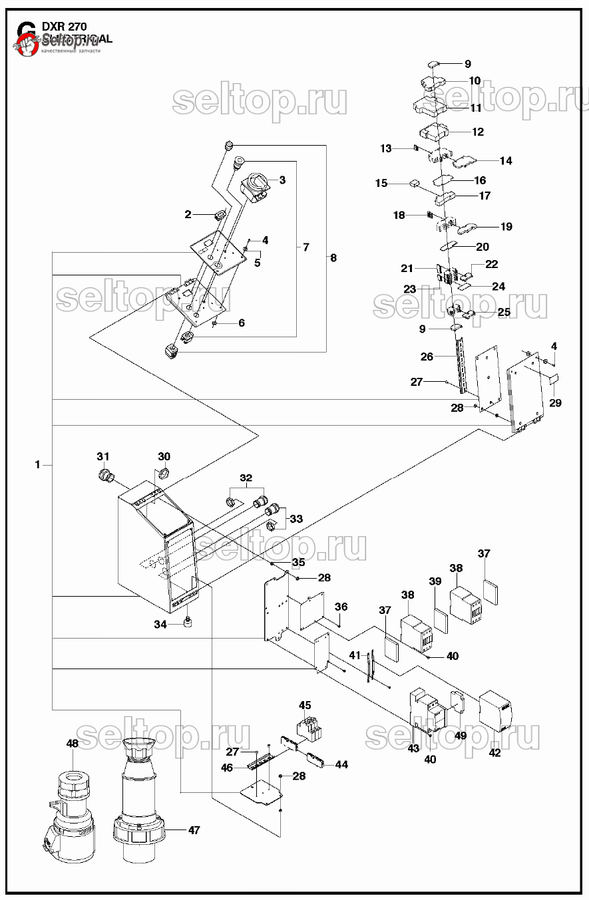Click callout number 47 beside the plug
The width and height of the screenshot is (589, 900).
(194, 830)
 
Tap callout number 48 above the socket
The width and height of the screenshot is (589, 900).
(73, 743)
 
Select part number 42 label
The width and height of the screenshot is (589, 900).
(494, 753)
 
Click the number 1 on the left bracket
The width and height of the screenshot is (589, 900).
(38, 464)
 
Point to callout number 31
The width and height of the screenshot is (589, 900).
(102, 456)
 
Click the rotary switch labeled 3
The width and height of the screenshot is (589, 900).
(256, 186)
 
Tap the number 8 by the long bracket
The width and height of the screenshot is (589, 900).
(333, 257)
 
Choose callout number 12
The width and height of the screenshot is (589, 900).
(478, 132)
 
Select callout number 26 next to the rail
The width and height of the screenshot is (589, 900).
(427, 357)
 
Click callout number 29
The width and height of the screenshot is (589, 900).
(555, 403)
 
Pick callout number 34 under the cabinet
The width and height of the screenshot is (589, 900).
(160, 625)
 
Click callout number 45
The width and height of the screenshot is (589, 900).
(305, 705)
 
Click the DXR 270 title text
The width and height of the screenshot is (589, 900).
(64, 27)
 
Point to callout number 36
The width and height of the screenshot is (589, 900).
(341, 607)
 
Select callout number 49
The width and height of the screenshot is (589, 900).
(461, 735)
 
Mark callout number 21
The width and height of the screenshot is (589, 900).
(407, 268)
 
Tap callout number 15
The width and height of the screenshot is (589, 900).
(381, 183)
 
